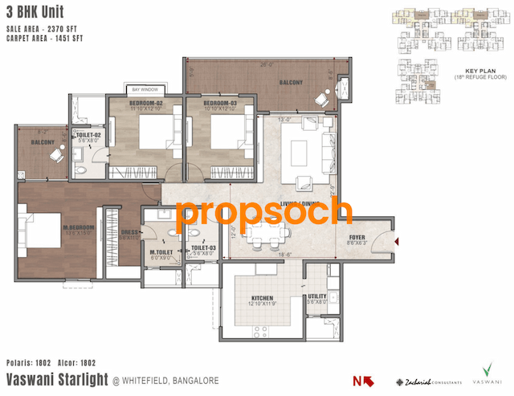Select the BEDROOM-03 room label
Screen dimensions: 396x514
click(x=218, y=103)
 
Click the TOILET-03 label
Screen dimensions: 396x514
click(x=203, y=248)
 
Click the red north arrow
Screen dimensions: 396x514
click(x=359, y=381)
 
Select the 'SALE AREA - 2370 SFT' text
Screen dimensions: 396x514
click(x=49, y=27)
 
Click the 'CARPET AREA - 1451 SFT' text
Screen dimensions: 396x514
click(x=52, y=36)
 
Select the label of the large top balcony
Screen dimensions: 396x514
click(x=292, y=83)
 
